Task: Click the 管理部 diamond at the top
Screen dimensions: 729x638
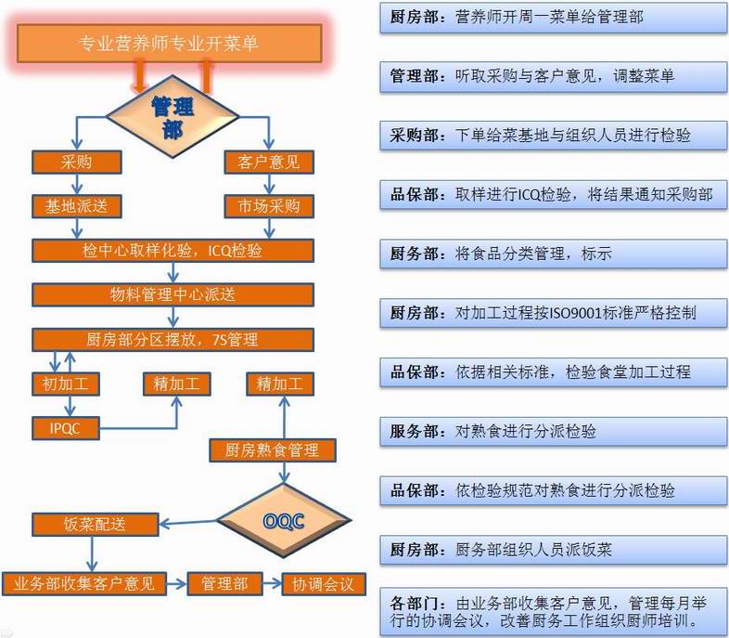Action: click(173, 116)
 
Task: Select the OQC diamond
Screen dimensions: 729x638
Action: click(284, 520)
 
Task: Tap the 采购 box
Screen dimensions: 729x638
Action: click(77, 162)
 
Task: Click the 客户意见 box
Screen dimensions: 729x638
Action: click(269, 162)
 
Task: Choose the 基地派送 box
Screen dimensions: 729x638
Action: click(77, 206)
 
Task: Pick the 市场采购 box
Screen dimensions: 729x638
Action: click(269, 206)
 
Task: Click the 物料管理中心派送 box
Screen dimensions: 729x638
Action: click(173, 294)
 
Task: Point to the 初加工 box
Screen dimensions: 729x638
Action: click(66, 384)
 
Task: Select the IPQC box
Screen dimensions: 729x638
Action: click(66, 428)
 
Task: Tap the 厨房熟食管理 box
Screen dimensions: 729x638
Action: click(273, 450)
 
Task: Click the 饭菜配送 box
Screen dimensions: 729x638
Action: click(96, 525)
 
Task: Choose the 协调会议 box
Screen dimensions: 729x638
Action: click(323, 584)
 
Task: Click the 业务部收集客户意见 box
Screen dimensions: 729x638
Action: click(84, 583)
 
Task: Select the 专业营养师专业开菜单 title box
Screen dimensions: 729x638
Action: click(169, 44)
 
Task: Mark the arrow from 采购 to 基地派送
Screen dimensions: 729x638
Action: click(77, 184)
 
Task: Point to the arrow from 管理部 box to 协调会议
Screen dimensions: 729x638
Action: click(273, 583)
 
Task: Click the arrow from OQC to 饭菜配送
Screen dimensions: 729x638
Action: click(188, 523)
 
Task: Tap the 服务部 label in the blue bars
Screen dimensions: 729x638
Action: click(414, 432)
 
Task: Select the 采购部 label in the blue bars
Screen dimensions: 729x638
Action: click(414, 136)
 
